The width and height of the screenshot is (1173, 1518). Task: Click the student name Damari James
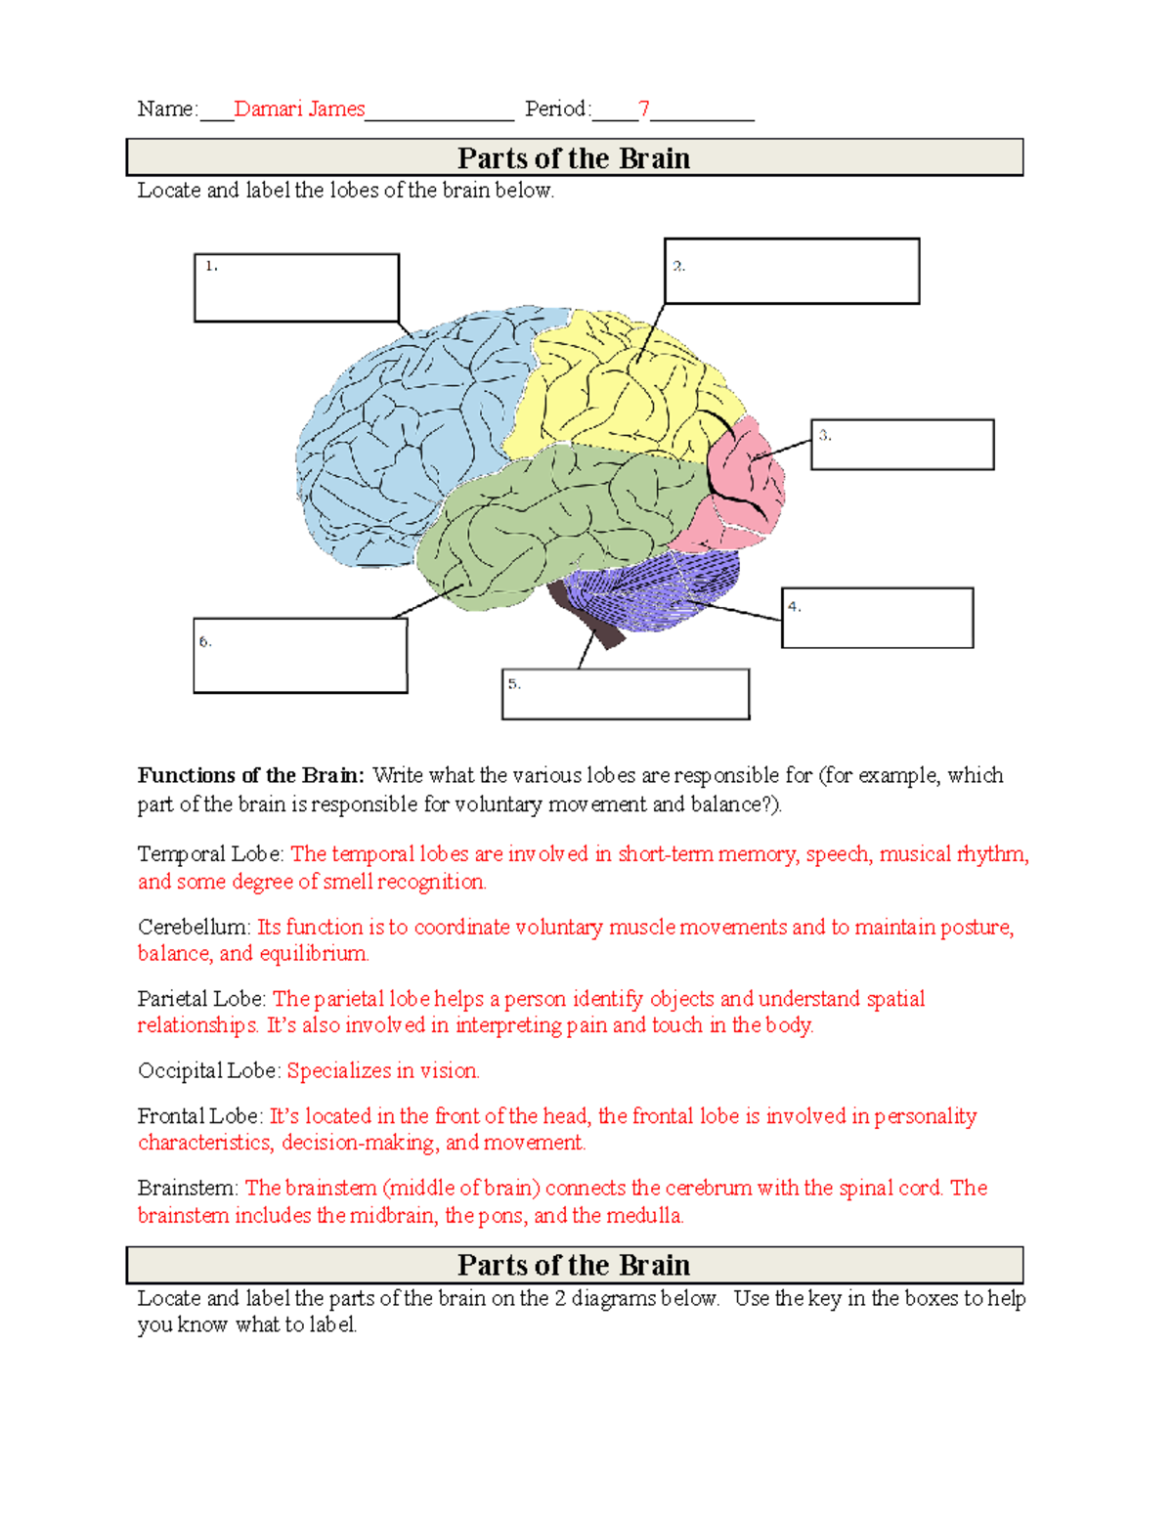299,108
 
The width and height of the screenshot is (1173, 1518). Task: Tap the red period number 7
643,108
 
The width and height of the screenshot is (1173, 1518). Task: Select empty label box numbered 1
296,287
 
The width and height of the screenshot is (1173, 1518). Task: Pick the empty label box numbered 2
792,271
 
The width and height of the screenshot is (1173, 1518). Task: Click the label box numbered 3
902,445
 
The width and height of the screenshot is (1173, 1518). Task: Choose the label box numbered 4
877,618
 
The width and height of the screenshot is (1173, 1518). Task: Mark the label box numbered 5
626,694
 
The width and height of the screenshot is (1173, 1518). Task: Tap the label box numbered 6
300,655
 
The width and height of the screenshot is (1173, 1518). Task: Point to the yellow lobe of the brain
616,391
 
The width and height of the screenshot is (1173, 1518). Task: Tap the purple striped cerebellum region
655,586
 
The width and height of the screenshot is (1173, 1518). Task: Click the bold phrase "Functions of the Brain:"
250,775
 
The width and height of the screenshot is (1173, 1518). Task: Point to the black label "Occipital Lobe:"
209,1070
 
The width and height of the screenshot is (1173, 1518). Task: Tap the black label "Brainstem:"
188,1188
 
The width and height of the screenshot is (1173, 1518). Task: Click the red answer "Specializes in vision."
383,1070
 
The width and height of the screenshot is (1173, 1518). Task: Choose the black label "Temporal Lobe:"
211,854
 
